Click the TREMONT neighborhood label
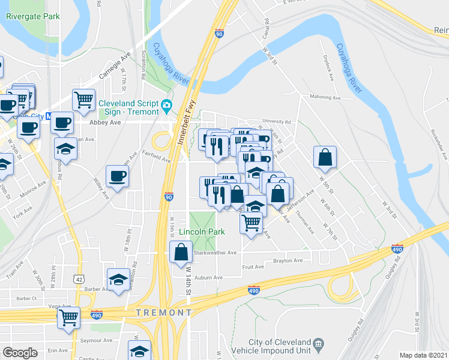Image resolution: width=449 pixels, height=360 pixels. (x=164, y=313)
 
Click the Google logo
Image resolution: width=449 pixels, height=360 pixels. (x=20, y=353)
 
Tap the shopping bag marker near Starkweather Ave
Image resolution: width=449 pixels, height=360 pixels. (x=181, y=253)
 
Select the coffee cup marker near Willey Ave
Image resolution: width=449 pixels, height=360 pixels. (x=117, y=176)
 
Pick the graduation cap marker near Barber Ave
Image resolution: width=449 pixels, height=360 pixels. (x=118, y=280)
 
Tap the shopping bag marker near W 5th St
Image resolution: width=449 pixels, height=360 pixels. (x=325, y=158)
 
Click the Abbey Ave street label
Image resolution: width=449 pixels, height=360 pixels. (x=105, y=122)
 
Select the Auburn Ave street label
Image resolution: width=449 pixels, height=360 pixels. (x=208, y=277)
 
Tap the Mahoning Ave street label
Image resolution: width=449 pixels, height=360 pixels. (x=325, y=97)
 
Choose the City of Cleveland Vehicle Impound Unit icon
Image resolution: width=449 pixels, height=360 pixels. (x=318, y=343)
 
